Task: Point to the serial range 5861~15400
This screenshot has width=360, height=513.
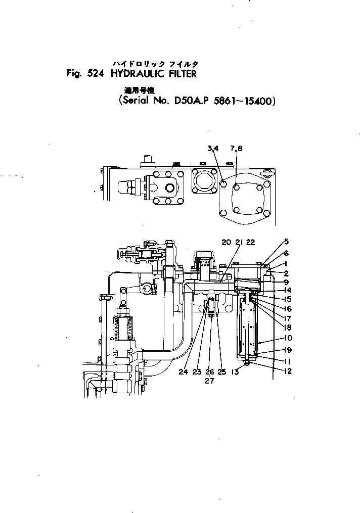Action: (x=246, y=101)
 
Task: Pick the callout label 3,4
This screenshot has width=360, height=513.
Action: (x=213, y=148)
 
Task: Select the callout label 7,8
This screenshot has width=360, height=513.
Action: (x=237, y=148)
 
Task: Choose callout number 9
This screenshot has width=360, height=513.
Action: (x=286, y=282)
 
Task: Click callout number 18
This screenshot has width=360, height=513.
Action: (x=287, y=327)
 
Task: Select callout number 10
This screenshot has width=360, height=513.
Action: (x=287, y=338)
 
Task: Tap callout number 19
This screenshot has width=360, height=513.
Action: (x=287, y=350)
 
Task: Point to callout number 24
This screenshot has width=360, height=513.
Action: (x=183, y=372)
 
